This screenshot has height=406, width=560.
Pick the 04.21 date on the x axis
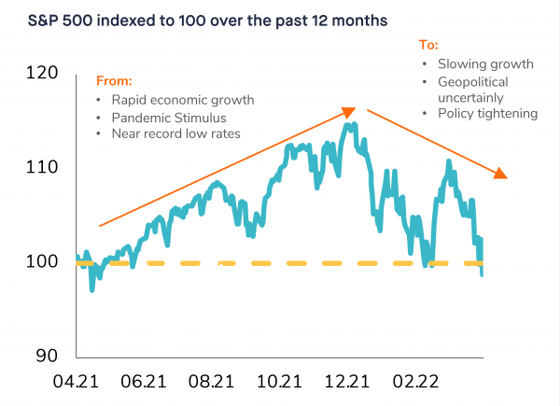click(77, 383)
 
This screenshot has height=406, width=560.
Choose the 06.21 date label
click(144, 383)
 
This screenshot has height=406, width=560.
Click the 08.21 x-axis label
click(210, 383)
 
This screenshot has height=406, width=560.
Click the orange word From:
click(114, 81)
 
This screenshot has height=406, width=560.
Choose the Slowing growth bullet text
click(485, 64)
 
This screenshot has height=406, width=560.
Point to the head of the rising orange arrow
click(352, 111)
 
